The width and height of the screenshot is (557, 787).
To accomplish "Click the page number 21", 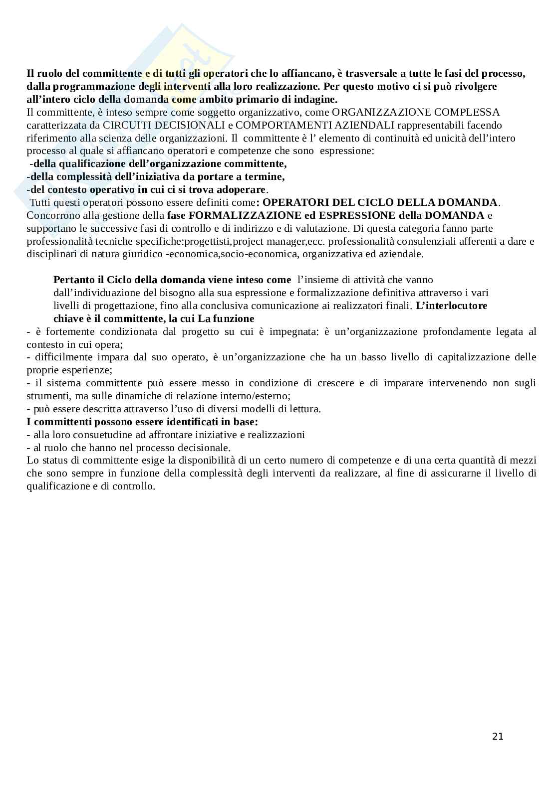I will (498, 736).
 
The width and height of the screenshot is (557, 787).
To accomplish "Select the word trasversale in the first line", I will (369, 73).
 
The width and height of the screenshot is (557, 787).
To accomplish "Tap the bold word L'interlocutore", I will (451, 306).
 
